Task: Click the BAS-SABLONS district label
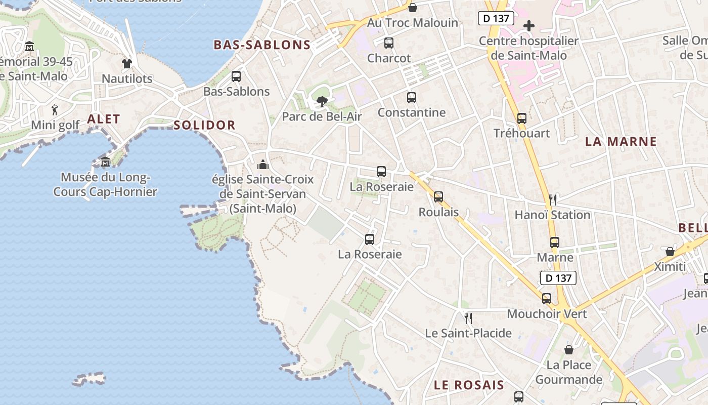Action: [x=262, y=45]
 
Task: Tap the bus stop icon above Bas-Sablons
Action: [x=236, y=76]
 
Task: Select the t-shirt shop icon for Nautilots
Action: [x=126, y=64]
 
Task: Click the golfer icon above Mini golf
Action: [x=55, y=109]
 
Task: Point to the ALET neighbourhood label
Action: [x=104, y=119]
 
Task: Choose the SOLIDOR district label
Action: [x=204, y=125]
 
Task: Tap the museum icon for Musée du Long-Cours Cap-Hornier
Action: [x=105, y=163]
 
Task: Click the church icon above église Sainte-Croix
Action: [x=262, y=165]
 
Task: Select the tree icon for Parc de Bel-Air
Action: [x=322, y=102]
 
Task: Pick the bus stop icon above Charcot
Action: [x=389, y=43]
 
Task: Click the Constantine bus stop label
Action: [x=412, y=112]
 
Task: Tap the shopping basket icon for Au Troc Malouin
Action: [x=413, y=8]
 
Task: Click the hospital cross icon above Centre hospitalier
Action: [x=529, y=26]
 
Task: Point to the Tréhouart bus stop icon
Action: [x=522, y=118]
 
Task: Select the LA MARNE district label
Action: [x=621, y=142]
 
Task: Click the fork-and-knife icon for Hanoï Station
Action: [x=553, y=200]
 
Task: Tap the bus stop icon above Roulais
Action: [x=438, y=197]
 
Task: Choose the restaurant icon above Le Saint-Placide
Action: [x=468, y=318]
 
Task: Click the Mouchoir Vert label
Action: [x=547, y=314]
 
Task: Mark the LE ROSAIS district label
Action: [x=469, y=385]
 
